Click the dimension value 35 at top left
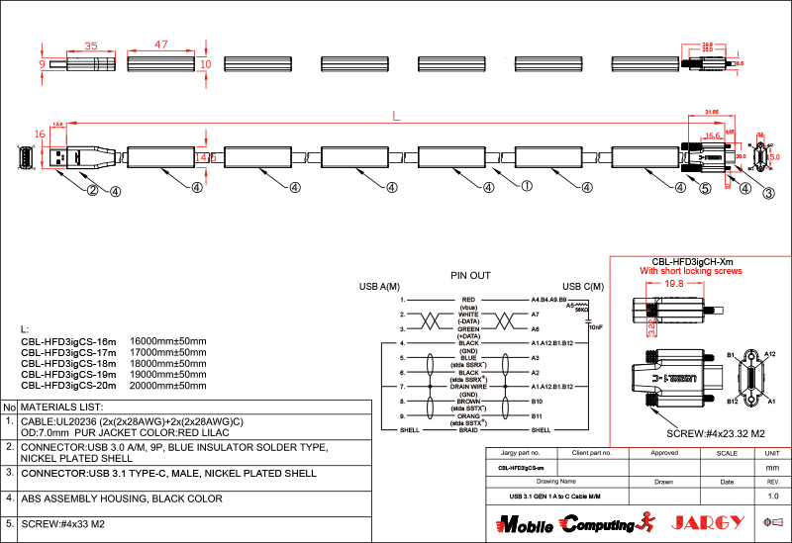[x=90, y=45]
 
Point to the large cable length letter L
[x=396, y=117]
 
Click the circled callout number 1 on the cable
[x=527, y=185]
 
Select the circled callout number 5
[x=706, y=188]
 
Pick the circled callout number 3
[x=768, y=194]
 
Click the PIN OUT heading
[x=470, y=276]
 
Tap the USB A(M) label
[x=379, y=287]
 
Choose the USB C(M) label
[x=583, y=287]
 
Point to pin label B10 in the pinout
[x=537, y=402]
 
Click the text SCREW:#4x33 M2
[x=61, y=523]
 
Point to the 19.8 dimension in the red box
[x=673, y=284]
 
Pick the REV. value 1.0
[x=773, y=495]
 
